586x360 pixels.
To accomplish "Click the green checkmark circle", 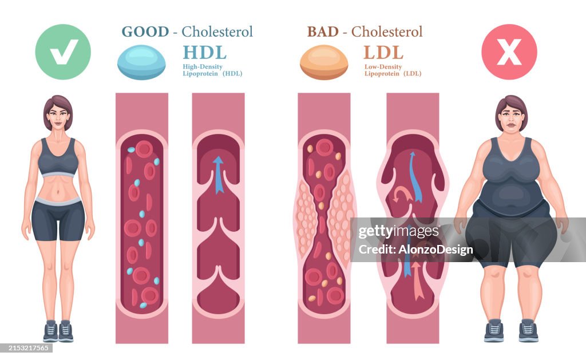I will (x=63, y=52).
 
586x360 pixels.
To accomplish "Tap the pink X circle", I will (x=509, y=52).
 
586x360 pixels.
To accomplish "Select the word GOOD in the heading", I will (x=145, y=31).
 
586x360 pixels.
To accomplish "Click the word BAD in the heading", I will (x=322, y=31).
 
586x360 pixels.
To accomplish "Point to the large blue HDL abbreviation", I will (x=204, y=52).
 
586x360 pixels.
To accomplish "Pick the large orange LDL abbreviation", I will (x=383, y=52).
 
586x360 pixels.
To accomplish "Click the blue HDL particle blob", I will (x=141, y=62).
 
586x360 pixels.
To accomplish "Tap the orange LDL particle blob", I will (x=324, y=62).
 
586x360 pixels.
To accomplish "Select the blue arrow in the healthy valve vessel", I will (x=218, y=175).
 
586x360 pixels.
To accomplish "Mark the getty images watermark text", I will (x=399, y=232).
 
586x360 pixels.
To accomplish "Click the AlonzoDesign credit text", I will (x=415, y=250).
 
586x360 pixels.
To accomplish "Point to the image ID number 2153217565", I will (x=26, y=347).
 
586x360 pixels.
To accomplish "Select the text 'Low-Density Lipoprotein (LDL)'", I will (x=392, y=70).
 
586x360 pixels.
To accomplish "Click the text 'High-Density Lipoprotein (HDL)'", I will (x=212, y=70).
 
